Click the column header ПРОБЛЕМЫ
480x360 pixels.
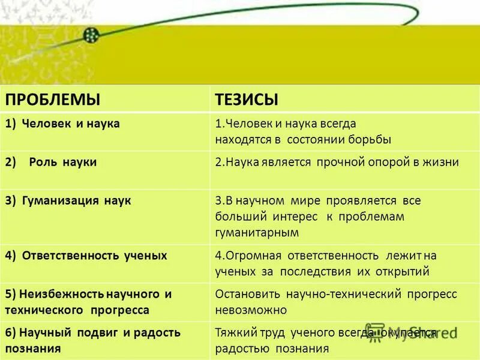pyautogui.click(x=53, y=98)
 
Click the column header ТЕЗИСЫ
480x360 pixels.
pyautogui.click(x=247, y=98)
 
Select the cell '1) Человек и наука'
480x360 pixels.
pyautogui.click(x=71, y=124)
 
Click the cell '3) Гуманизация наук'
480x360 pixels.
pyautogui.click(x=76, y=200)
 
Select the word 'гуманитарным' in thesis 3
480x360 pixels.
pyautogui.click(x=257, y=232)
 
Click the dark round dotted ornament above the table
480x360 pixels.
pyautogui.click(x=91, y=35)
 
